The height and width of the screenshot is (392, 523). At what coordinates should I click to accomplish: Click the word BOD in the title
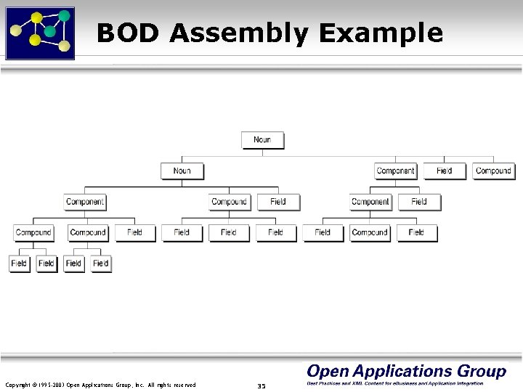click(122, 33)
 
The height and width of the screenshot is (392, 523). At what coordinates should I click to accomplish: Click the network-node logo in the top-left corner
click(40, 30)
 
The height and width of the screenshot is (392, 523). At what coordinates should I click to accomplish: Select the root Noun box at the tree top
click(262, 140)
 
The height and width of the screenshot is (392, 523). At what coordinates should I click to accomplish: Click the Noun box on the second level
click(182, 171)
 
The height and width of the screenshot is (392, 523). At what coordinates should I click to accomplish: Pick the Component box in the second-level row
click(395, 171)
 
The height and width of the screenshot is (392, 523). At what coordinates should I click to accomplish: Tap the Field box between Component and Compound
click(445, 171)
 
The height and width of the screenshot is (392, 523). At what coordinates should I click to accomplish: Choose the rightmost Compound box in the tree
click(493, 171)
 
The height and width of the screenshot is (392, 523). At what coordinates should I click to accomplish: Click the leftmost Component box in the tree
click(85, 202)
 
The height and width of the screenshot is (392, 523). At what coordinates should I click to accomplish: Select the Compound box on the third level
click(230, 202)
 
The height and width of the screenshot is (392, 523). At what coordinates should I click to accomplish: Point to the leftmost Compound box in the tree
click(33, 233)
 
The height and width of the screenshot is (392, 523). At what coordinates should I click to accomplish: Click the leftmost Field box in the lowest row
click(19, 264)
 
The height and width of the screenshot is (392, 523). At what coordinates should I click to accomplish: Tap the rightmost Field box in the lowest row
click(101, 264)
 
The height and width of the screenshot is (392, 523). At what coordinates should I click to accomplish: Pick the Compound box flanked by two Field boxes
click(369, 233)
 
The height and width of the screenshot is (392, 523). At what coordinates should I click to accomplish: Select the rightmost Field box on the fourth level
click(416, 233)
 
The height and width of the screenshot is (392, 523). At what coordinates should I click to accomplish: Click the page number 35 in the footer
click(261, 385)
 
